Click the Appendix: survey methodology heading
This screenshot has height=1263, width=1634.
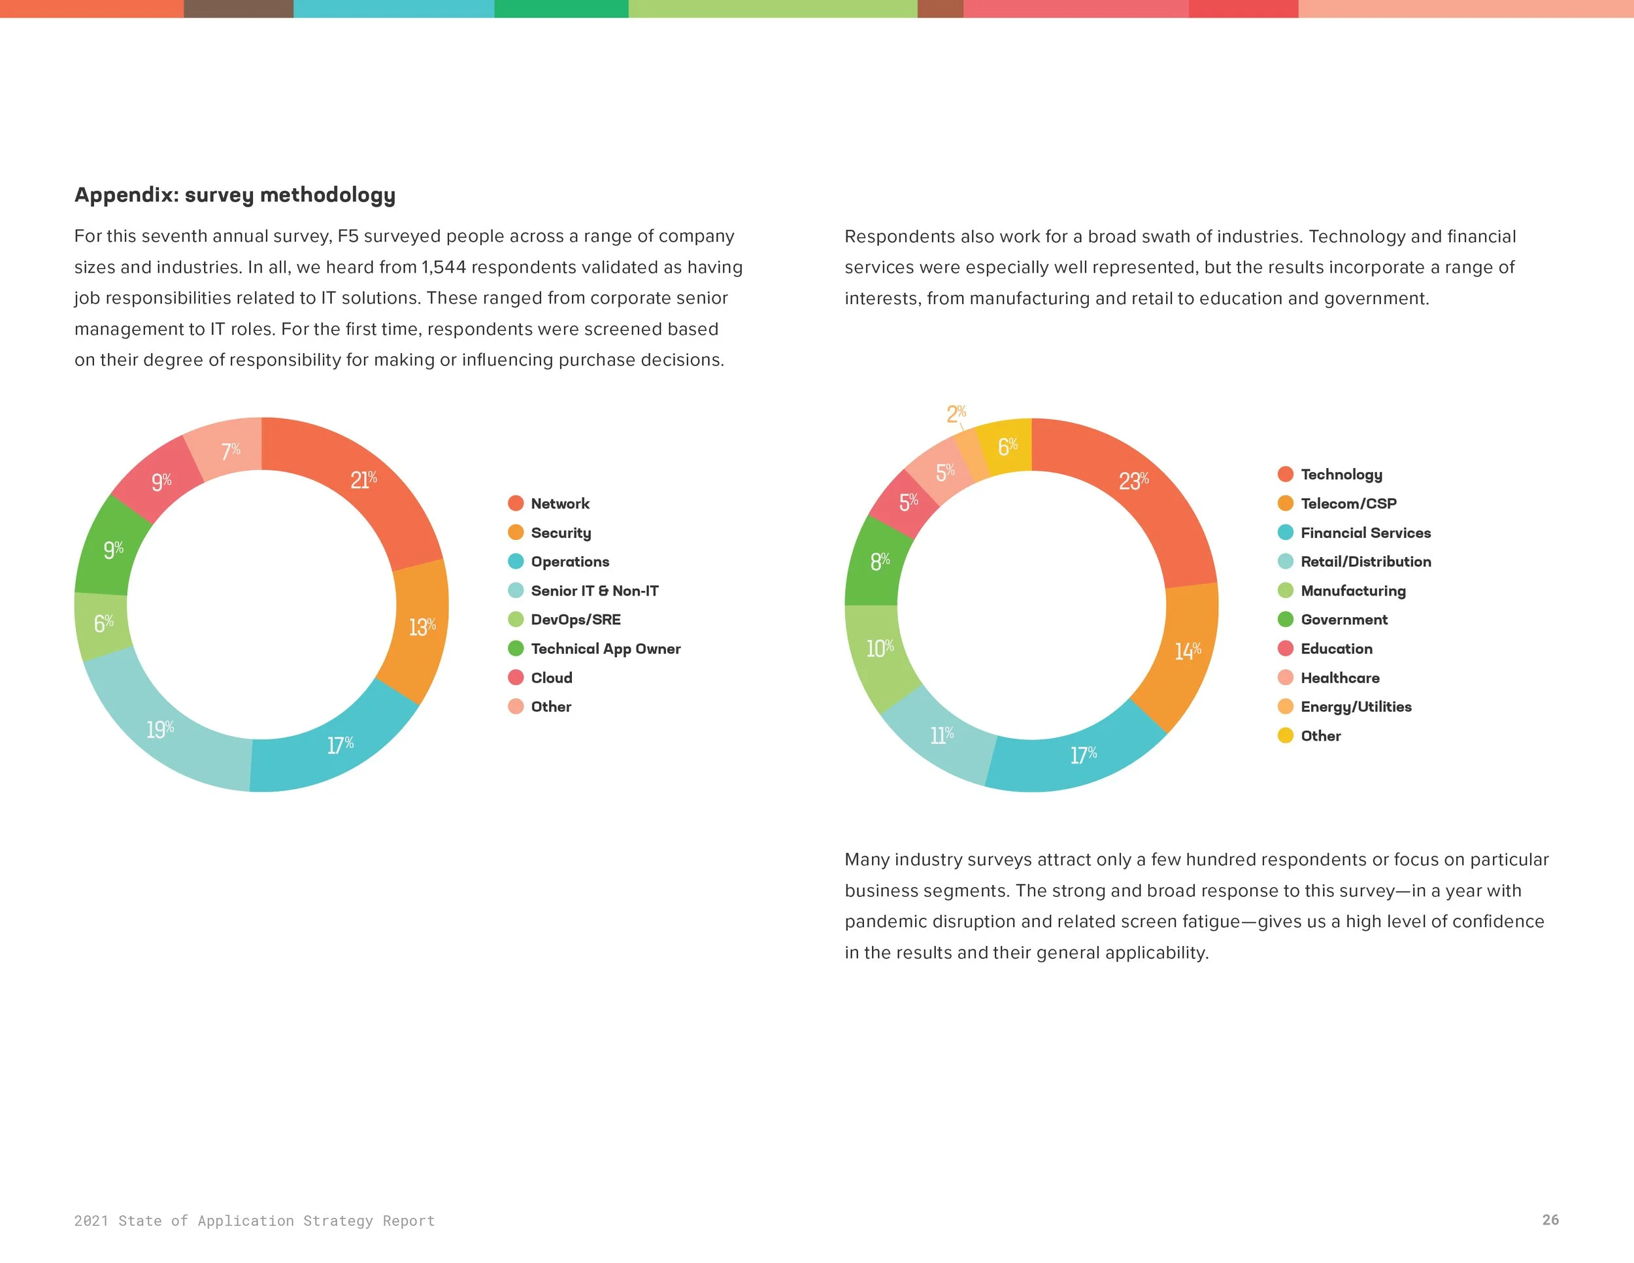click(x=235, y=195)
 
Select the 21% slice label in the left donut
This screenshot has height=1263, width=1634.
click(x=363, y=480)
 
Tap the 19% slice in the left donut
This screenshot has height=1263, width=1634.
click(x=160, y=729)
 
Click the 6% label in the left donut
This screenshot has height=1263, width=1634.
click(x=103, y=622)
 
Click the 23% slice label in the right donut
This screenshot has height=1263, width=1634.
click(x=1133, y=480)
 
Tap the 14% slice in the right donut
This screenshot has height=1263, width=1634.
click(x=1188, y=651)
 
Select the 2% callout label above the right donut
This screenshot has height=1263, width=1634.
click(x=956, y=413)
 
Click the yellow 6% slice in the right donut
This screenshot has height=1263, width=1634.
click(x=1007, y=446)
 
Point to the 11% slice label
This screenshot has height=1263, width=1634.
click(x=941, y=735)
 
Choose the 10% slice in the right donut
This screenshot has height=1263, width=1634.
click(x=880, y=648)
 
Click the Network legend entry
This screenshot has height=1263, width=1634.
click(x=559, y=503)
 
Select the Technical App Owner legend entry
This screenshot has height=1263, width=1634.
click(x=605, y=648)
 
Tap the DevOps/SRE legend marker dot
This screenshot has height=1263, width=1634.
click(x=516, y=620)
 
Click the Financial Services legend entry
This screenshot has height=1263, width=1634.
click(x=1365, y=533)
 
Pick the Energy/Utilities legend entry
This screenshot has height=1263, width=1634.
click(x=1356, y=707)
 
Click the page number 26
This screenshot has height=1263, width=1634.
click(x=1550, y=1220)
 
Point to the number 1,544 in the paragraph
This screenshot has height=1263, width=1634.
click(x=444, y=267)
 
